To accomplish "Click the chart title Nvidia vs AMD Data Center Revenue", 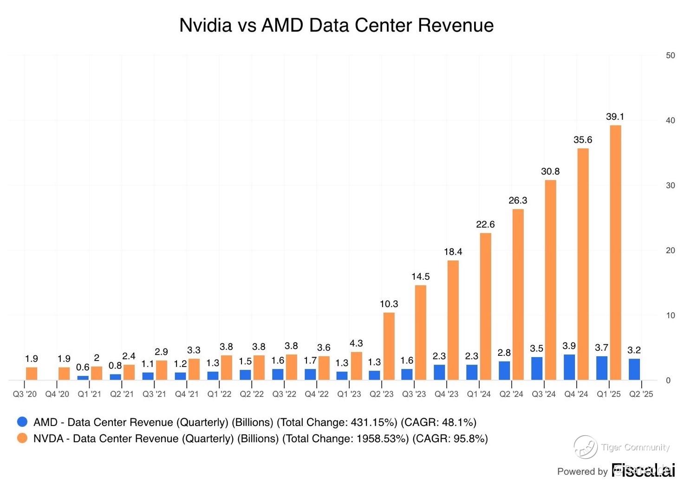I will [x=336, y=25].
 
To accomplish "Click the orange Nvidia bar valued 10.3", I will [x=389, y=346].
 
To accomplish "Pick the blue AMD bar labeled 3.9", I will [x=569, y=367].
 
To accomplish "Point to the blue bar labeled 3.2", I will [x=634, y=369].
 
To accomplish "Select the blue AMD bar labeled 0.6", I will [x=83, y=378].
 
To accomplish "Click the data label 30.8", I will [x=550, y=171].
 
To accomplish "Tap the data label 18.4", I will [x=453, y=252].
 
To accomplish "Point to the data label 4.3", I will [x=356, y=343].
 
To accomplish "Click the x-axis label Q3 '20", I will [x=25, y=394].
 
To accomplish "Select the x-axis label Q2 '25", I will [x=641, y=394].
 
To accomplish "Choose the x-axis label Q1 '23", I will [x=349, y=394].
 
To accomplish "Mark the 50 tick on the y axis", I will [x=670, y=55].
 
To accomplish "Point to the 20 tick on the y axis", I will [x=670, y=250].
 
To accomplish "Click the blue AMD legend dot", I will [x=22, y=422].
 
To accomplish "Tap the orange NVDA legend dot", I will [x=22, y=438].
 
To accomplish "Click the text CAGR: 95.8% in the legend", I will [x=450, y=439].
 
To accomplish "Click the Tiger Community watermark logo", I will [x=585, y=447].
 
